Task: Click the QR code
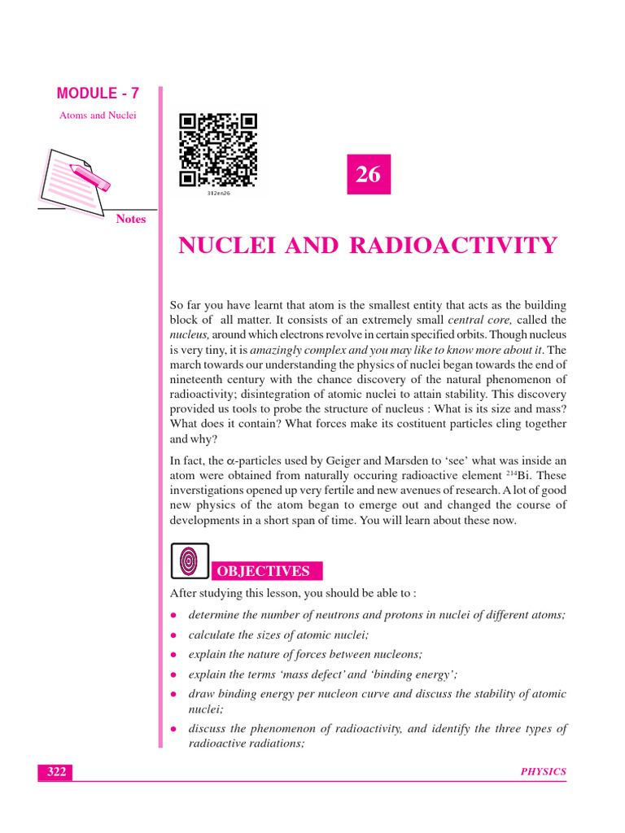(218, 150)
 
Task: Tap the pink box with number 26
(369, 174)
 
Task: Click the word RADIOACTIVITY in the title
(453, 246)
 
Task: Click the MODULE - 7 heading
(98, 94)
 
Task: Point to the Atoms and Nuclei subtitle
(98, 116)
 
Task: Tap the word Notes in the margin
(130, 219)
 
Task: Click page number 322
(55, 772)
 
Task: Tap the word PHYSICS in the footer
(544, 772)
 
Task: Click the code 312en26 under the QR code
(218, 194)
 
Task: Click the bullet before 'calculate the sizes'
(174, 635)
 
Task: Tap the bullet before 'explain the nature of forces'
(174, 654)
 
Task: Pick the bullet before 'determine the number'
(174, 615)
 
